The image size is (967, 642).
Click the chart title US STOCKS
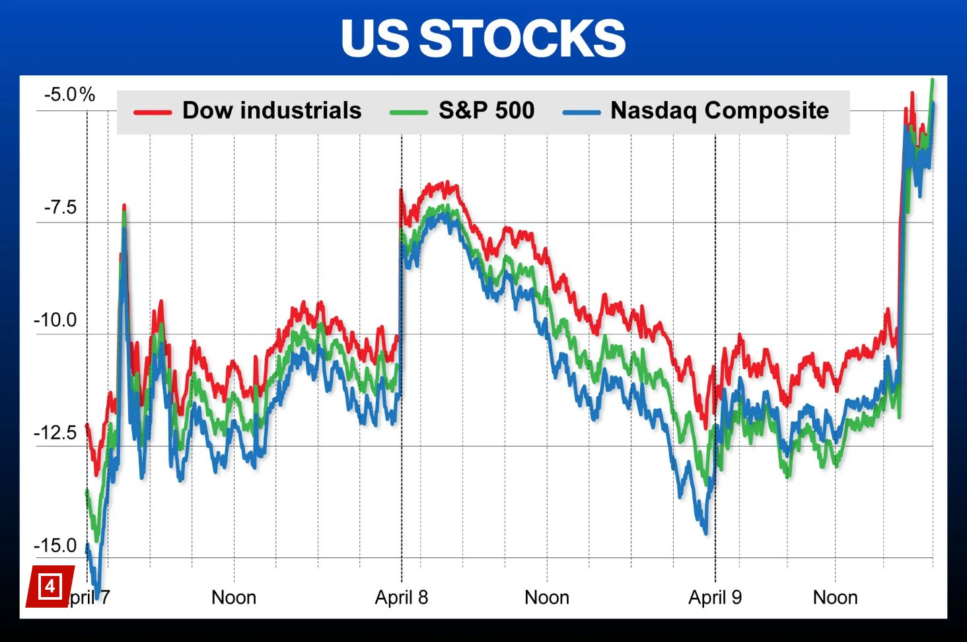pos(483,38)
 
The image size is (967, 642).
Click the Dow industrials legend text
pos(271,110)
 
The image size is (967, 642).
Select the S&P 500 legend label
pos(486,110)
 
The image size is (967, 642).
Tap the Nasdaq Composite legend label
pos(719,110)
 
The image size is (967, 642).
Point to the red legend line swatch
pos(153,112)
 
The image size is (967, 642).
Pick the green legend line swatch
pos(409,112)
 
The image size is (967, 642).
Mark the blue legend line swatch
pos(581,112)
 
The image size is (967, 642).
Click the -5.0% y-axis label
pos(69,94)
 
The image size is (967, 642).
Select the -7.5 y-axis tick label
pos(60,207)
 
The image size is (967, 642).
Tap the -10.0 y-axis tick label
pos(55,320)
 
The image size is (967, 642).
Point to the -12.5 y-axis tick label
pos(55,433)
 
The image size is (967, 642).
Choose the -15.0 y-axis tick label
pos(55,546)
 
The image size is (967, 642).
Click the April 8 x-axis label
pos(402,598)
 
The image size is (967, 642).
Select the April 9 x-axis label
pos(715,598)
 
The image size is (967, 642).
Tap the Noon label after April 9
pos(835,598)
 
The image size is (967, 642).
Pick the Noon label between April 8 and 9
pos(547,598)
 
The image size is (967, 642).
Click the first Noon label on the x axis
pos(234,598)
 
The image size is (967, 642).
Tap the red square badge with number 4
pos(50,586)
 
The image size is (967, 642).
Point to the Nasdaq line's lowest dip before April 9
pos(705,532)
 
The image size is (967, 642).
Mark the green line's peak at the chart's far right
pos(932,81)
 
